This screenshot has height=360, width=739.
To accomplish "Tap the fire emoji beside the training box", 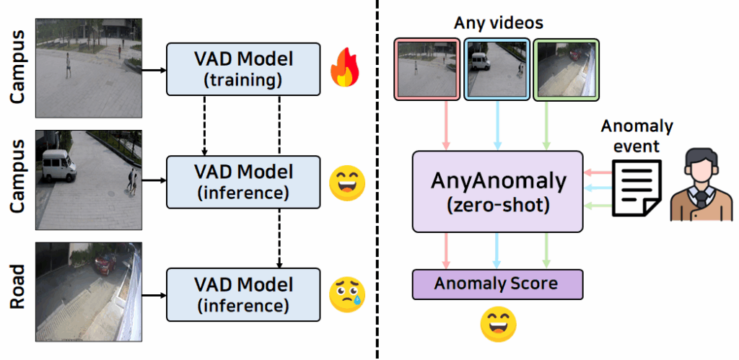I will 345,69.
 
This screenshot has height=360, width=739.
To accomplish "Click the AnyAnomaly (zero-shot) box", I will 497,191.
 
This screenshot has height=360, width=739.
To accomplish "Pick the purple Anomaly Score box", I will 497,284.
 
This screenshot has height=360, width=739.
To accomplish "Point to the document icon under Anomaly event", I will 636,187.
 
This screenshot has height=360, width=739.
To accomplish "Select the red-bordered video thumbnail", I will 426,69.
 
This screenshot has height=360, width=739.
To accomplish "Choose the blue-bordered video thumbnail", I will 497,69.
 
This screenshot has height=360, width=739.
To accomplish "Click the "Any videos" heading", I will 498,23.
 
